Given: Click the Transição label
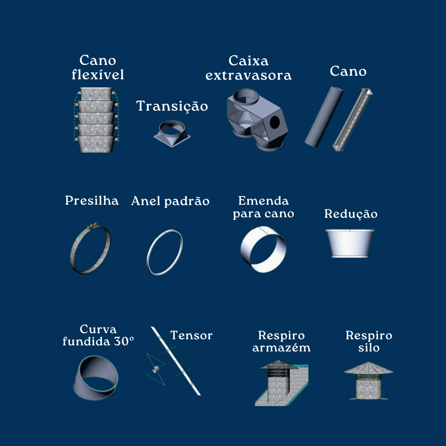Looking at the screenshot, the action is point(172,106).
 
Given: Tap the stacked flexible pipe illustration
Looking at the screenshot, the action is point(96,120).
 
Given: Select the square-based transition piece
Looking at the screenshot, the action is point(172,133).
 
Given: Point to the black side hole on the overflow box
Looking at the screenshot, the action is point(275,122).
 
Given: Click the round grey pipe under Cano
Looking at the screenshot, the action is point(324,117).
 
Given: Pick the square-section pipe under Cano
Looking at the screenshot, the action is point(352,119).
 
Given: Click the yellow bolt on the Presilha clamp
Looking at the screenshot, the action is point(91,226).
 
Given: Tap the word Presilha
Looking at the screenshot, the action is point(91,200).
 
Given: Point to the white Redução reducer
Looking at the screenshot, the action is point(350,243).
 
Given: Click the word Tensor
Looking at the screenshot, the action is point(192,335).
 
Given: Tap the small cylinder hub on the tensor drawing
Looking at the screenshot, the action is point(155,369).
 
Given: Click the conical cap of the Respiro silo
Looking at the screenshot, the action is point(368,368).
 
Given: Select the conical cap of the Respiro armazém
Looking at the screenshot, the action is point(279,365).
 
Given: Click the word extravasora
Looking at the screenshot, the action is point(248,75).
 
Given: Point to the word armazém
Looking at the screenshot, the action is point(281,348).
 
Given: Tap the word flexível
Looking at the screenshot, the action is point(98,74).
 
